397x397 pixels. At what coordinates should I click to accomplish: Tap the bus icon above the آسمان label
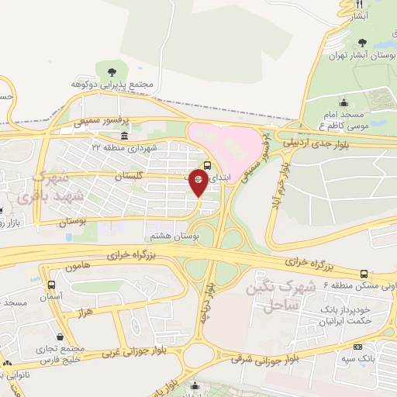click(x=51, y=285)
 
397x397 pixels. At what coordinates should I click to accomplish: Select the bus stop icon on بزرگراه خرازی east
click(x=364, y=274)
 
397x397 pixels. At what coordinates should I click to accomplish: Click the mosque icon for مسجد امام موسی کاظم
click(x=343, y=103)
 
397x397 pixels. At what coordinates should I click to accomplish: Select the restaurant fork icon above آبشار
click(x=338, y=5)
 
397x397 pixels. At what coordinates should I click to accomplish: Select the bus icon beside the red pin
click(x=208, y=164)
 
